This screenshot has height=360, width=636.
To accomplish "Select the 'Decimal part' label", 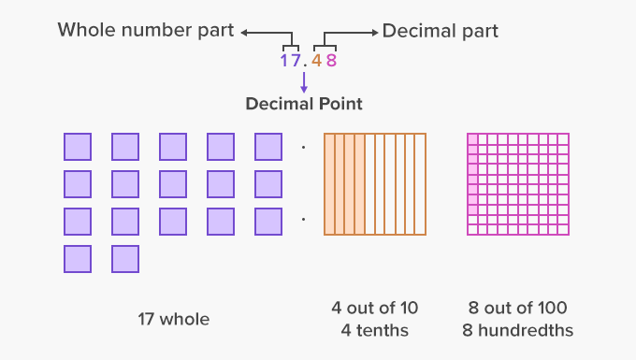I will (440, 31).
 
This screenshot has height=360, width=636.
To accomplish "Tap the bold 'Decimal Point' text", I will (304, 104).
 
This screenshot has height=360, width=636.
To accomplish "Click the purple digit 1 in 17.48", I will (284, 61).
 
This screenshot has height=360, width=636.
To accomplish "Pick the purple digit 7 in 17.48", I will (296, 61).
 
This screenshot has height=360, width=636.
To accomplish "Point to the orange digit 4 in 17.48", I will (316, 61).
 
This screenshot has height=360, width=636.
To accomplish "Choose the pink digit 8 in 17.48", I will (330, 61).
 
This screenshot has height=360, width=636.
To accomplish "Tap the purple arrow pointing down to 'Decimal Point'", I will (303, 81).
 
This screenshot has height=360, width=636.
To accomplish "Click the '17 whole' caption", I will (173, 319).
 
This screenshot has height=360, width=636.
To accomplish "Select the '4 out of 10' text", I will (374, 308).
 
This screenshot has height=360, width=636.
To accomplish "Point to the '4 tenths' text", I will (374, 329).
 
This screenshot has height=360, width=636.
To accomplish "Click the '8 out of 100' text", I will (517, 308).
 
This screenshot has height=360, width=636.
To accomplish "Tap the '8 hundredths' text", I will (517, 329).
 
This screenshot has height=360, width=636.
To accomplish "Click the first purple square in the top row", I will (78, 147).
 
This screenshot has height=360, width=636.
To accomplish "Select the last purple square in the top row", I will (268, 147).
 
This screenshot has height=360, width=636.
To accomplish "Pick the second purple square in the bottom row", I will (125, 259).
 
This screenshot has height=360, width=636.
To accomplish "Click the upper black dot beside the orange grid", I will (304, 147).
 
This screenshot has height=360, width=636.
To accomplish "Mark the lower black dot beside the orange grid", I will (304, 221).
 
